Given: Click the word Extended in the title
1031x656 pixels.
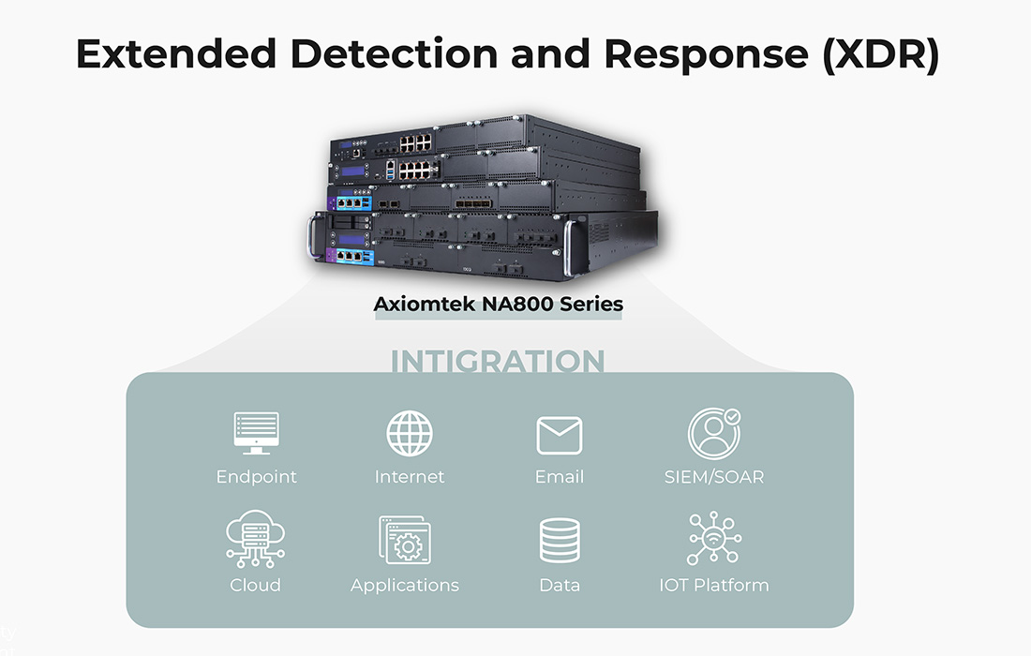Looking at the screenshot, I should coord(175,54).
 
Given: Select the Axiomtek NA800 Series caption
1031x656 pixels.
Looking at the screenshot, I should coord(498,304).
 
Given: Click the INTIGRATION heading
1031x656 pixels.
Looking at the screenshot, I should coord(498,362).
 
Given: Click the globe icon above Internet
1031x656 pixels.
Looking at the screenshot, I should coord(410,434).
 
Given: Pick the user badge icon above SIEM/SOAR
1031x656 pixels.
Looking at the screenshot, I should coord(713,433).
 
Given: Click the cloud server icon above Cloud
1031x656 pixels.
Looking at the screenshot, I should coord(255,540).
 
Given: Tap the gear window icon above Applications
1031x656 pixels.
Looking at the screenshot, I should coord(404,540).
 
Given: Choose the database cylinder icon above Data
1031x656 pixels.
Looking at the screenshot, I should coord(560,542).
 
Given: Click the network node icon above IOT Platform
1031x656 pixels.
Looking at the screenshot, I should coord(713,539).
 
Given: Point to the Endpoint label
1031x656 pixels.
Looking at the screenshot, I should coord(256,477).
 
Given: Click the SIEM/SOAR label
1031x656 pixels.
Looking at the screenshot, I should coord(713,477).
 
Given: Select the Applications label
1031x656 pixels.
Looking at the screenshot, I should coord(405,585).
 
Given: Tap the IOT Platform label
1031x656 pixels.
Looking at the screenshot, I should coord(713,585).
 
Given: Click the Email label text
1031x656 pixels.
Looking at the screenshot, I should coord(560,477).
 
